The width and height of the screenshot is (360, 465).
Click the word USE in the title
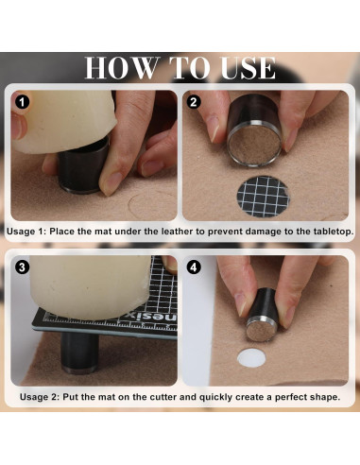[249, 68]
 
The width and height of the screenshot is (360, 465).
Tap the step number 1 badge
[22, 102]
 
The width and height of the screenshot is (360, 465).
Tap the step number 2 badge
[194, 102]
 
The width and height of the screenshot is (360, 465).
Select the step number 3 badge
[22, 267]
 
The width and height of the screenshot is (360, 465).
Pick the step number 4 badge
[194, 267]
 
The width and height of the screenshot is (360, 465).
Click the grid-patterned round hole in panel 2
[263, 197]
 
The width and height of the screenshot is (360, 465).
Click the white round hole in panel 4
[251, 357]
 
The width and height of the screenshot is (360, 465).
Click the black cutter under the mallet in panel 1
[83, 167]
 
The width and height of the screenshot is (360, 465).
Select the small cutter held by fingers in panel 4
[261, 315]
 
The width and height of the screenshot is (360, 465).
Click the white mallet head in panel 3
[91, 286]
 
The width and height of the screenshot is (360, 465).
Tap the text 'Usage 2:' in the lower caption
[40, 397]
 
